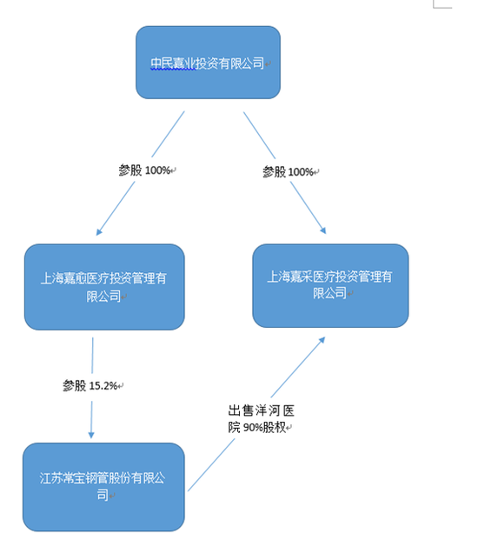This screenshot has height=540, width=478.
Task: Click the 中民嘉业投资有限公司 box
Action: click(x=208, y=63)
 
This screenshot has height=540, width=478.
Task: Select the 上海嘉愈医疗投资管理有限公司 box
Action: click(x=104, y=287)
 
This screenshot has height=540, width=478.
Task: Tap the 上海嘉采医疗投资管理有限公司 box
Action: click(x=330, y=285)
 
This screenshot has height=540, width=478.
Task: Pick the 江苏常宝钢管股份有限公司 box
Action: click(x=103, y=487)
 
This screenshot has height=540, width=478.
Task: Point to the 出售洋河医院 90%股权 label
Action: click(x=262, y=419)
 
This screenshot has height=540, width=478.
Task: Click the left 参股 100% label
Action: click(x=147, y=170)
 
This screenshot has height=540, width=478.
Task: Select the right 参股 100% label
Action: click(x=290, y=171)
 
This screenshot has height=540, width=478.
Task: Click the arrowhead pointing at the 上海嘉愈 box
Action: click(x=99, y=232)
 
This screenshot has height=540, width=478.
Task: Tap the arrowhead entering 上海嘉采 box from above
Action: click(x=322, y=230)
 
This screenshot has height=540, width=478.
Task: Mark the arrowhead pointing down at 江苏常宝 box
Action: click(x=91, y=435)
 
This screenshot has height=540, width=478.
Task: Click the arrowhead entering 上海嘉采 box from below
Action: click(x=322, y=340)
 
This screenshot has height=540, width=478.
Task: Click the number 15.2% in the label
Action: click(x=103, y=386)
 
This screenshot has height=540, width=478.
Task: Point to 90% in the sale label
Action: click(x=253, y=428)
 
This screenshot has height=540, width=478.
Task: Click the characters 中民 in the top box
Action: click(x=162, y=63)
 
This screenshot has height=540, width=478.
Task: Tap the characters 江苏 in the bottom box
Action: click(x=51, y=478)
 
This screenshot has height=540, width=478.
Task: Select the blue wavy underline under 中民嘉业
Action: click(x=173, y=69)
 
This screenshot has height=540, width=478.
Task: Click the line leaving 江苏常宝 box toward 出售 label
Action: click(x=211, y=465)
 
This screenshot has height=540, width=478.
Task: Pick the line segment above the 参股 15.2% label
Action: click(x=92, y=356)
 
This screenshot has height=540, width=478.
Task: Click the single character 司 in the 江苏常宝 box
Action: click(x=103, y=495)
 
